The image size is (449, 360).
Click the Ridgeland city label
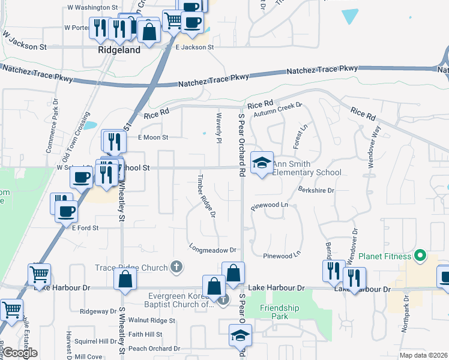pyautogui.click(x=119, y=50)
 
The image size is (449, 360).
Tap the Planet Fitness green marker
pyautogui.click(x=420, y=256)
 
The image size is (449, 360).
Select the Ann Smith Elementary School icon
pyautogui.click(x=262, y=162)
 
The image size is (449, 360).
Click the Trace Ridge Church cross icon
pyautogui.click(x=176, y=267)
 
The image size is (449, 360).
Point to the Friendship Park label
pyautogui.click(x=280, y=313)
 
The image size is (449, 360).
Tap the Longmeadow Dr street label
pyautogui.click(x=213, y=250)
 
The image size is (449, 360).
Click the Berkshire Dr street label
pyautogui.click(x=316, y=190)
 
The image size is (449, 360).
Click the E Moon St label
pyautogui.click(x=154, y=137)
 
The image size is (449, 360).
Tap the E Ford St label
pyautogui.click(x=85, y=228)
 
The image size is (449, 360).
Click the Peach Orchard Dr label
pyautogui.click(x=154, y=349)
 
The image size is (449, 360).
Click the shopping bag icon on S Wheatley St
pyautogui.click(x=125, y=280)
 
